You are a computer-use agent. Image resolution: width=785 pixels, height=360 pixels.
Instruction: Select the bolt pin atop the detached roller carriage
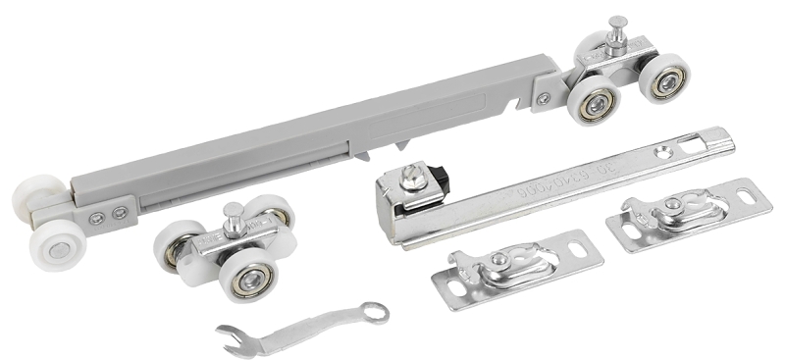(235, 214)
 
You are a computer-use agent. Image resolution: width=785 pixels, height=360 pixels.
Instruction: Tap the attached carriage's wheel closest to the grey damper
(595, 104)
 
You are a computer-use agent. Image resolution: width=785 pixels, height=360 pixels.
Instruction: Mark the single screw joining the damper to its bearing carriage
(544, 98)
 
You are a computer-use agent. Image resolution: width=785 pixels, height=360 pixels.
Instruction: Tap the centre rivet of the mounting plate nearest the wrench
(499, 260)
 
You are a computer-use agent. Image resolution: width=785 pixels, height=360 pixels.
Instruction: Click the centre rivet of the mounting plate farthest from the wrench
(672, 205)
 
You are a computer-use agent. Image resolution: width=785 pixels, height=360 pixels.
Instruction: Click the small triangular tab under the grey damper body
(401, 144)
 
